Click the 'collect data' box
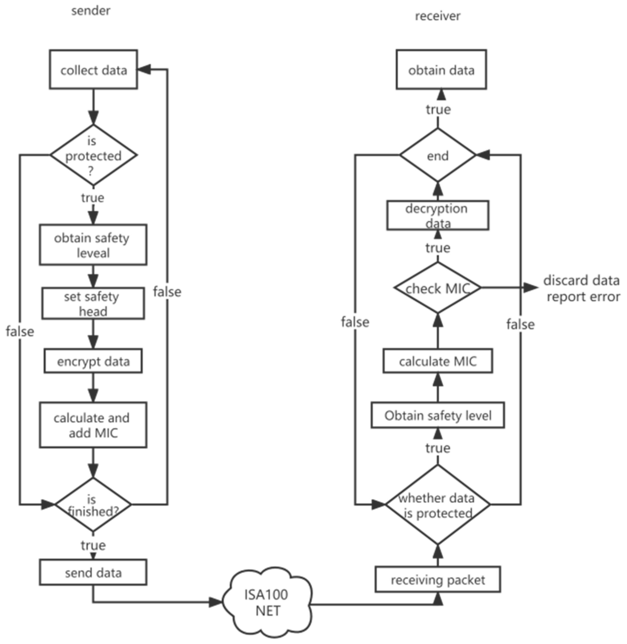click(x=93, y=69)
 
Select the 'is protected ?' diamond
click(x=93, y=155)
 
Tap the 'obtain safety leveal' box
click(x=93, y=245)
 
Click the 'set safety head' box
click(x=93, y=303)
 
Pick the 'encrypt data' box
click(x=93, y=361)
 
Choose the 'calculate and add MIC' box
click(x=93, y=425)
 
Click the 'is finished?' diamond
click(x=93, y=504)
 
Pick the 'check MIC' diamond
click(x=438, y=288)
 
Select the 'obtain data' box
click(x=441, y=69)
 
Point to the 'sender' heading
click(x=90, y=11)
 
